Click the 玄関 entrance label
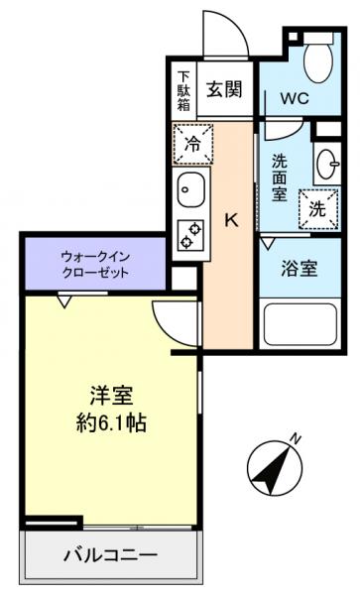tap(224, 89)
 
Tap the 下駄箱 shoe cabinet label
tap(183, 88)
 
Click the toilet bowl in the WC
tap(319, 59)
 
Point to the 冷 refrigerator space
tap(192, 143)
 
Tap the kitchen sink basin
tap(190, 186)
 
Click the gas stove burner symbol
tap(189, 235)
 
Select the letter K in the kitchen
tap(230, 220)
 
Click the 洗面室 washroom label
tap(281, 173)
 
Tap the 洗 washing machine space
tap(316, 209)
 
